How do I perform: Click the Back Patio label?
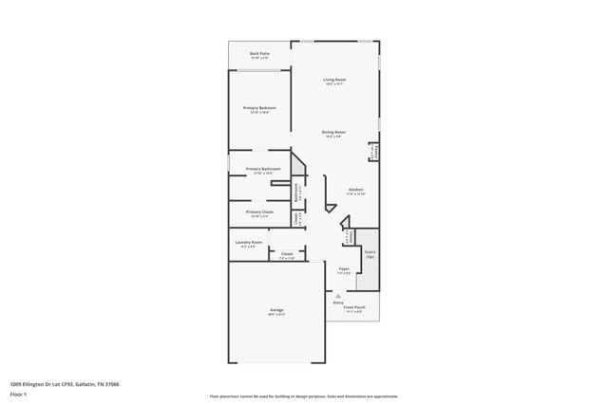tap(259, 54)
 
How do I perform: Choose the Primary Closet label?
tap(259, 211)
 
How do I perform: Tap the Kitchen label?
tap(355, 190)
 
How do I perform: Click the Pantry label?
tap(373, 151)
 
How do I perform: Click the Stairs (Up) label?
tap(370, 253)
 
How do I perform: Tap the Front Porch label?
tap(353, 306)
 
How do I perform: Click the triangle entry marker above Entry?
tap(338, 296)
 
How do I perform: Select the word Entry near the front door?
tap(338, 303)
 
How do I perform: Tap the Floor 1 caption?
tap(18, 394)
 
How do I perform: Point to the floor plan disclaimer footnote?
tap(303, 396)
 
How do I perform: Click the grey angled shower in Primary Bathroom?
tap(298, 168)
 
